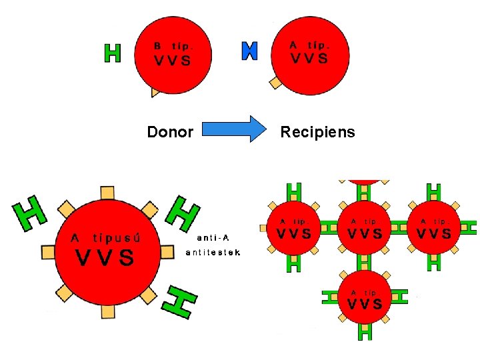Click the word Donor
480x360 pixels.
pyautogui.click(x=170, y=132)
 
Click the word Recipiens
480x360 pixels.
pyautogui.click(x=317, y=132)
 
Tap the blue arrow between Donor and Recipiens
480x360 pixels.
pyautogui.click(x=233, y=129)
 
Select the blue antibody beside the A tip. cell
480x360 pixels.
pyautogui.click(x=249, y=51)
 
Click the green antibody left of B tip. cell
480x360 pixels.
pyautogui.click(x=113, y=53)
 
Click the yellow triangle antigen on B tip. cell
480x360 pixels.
pyautogui.click(x=155, y=93)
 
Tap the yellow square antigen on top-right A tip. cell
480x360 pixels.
pyautogui.click(x=275, y=82)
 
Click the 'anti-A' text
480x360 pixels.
pyautogui.click(x=213, y=237)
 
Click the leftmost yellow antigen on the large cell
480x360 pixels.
pyautogui.click(x=47, y=251)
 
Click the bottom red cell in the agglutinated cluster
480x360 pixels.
pyautogui.click(x=363, y=297)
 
